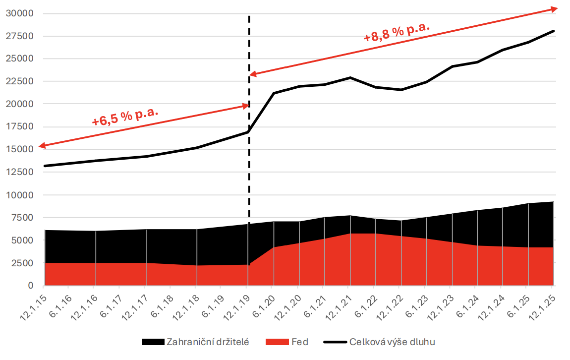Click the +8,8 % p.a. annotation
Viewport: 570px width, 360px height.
tap(396, 32)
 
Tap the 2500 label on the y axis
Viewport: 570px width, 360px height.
tap(23, 263)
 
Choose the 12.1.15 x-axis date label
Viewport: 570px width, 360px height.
tap(33, 303)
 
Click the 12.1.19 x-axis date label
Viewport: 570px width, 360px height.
tap(236, 303)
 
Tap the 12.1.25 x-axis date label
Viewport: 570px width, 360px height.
tap(541, 303)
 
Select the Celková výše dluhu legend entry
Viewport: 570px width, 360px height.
tap(392, 342)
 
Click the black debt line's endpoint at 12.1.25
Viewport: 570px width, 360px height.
tap(553, 31)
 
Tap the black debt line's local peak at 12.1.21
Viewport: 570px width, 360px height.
tap(350, 77)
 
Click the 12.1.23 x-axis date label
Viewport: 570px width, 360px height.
tap(440, 303)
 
